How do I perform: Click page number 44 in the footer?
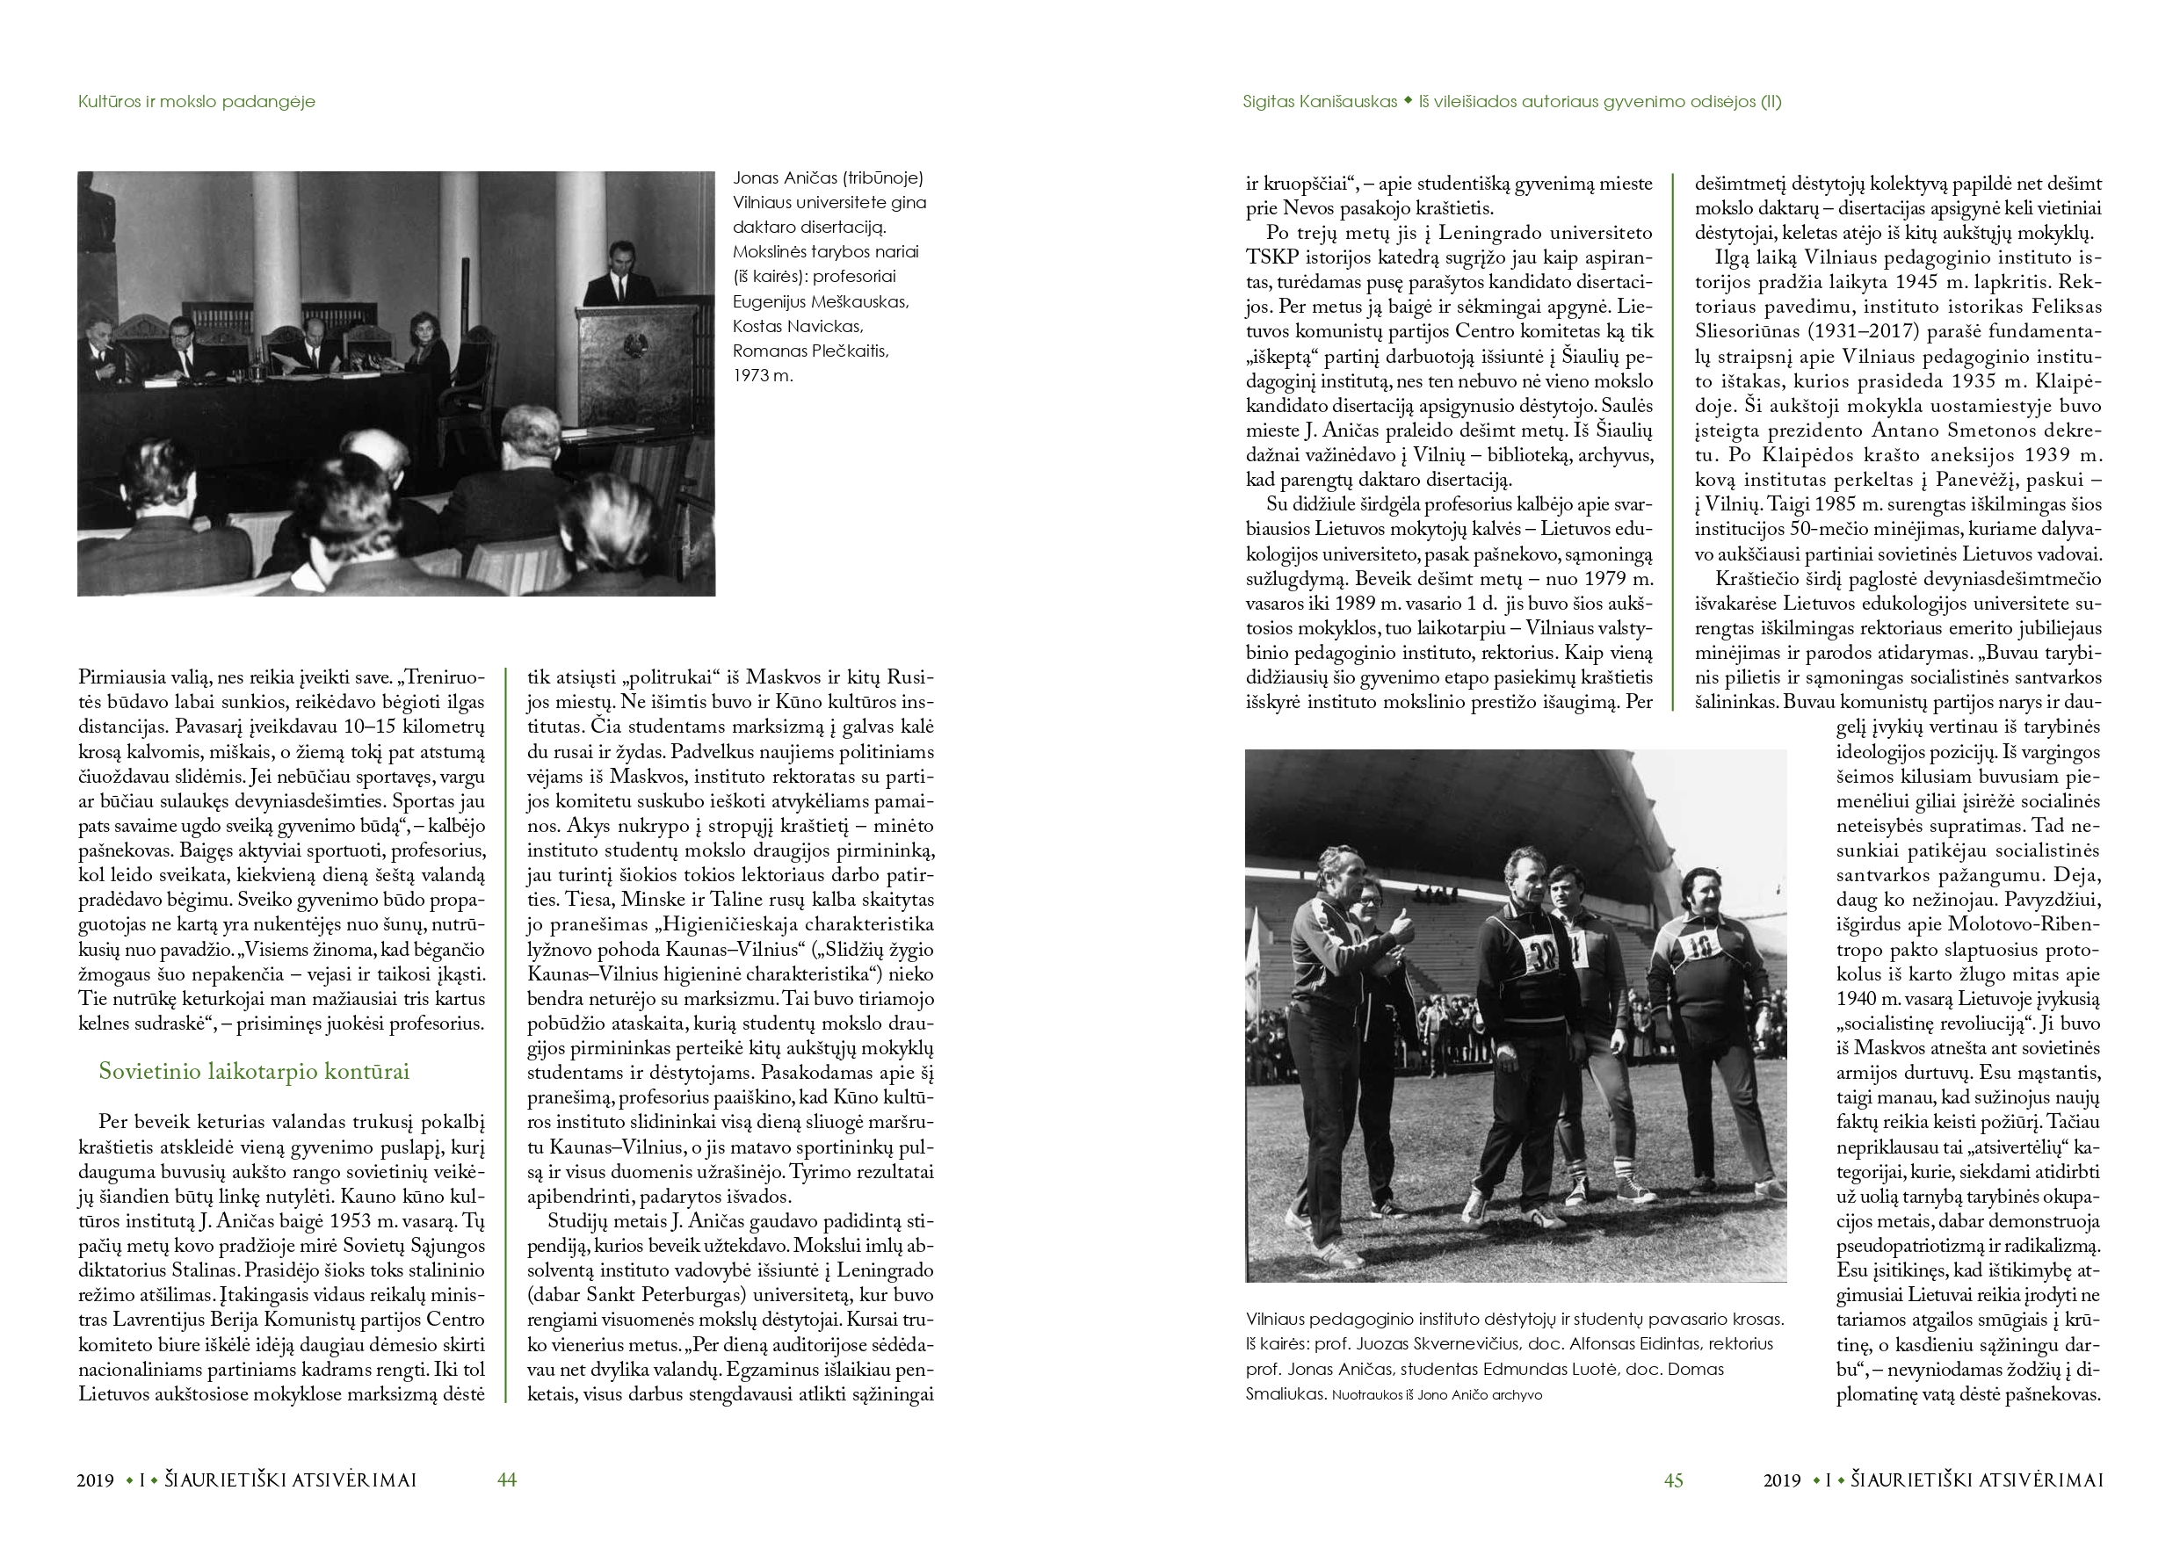507,1480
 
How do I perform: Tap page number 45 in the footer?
1673,1480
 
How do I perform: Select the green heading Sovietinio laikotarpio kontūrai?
254,1071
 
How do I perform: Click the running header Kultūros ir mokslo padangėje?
197,102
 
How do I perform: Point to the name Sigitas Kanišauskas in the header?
1319,102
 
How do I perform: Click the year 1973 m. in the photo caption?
763,375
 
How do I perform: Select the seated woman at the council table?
429,344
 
